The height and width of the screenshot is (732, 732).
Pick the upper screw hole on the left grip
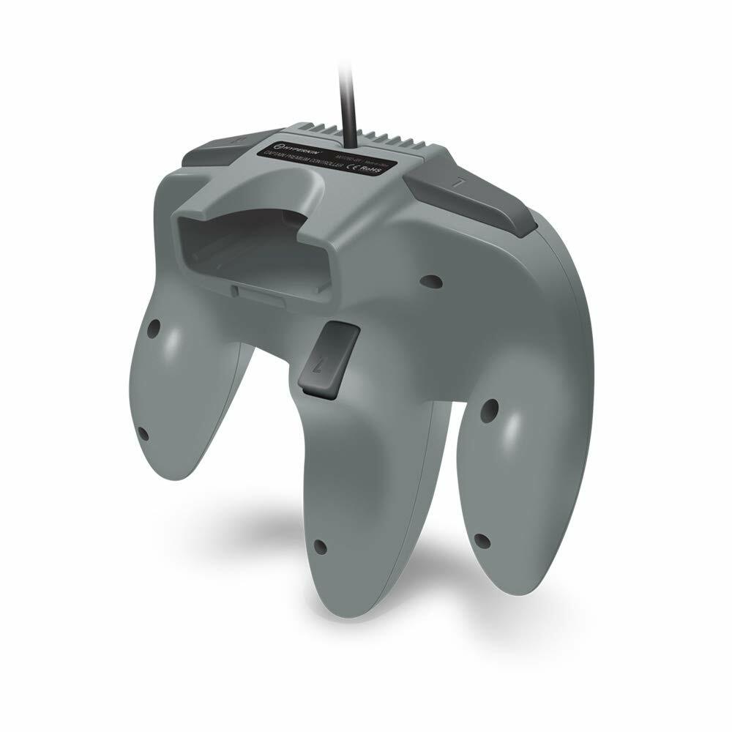155,326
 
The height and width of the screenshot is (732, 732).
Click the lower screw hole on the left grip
143,434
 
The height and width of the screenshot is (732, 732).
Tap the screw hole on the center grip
319,545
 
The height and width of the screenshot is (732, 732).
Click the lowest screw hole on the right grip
481,541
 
